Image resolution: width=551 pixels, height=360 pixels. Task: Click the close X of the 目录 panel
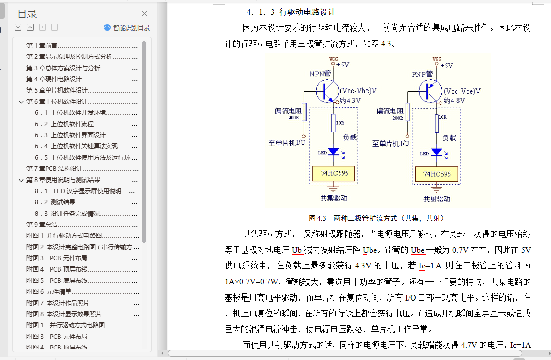(x=145, y=14)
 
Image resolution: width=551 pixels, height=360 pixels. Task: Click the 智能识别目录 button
(x=127, y=28)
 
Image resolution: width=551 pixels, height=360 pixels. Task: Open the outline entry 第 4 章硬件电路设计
(x=54, y=79)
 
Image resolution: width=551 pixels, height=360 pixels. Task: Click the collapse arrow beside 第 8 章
(x=21, y=179)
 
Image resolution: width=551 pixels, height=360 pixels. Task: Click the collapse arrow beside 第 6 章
(x=21, y=101)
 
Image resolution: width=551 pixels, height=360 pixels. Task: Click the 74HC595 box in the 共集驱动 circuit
(x=334, y=173)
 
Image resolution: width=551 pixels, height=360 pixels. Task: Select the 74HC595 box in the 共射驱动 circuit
(x=437, y=174)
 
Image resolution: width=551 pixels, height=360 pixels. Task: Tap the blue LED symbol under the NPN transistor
(x=333, y=152)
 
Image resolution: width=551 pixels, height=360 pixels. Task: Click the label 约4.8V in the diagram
(x=454, y=100)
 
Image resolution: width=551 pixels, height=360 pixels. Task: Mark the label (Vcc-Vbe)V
(x=358, y=91)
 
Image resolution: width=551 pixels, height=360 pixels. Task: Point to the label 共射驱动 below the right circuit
(x=437, y=198)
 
